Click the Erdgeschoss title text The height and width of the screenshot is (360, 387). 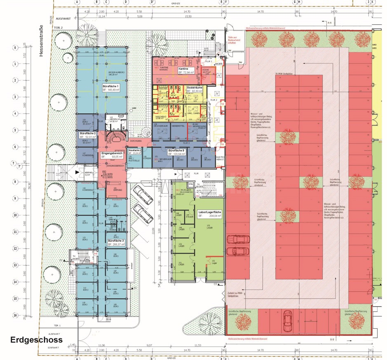pyautogui.click(x=36, y=340)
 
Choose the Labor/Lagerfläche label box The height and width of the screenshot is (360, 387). pyautogui.click(x=210, y=214)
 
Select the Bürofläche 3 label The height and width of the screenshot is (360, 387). pyautogui.click(x=116, y=242)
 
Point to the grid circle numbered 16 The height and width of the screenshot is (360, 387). pyautogui.click(x=15, y=316)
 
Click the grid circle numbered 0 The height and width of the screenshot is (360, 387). pyautogui.click(x=15, y=47)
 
